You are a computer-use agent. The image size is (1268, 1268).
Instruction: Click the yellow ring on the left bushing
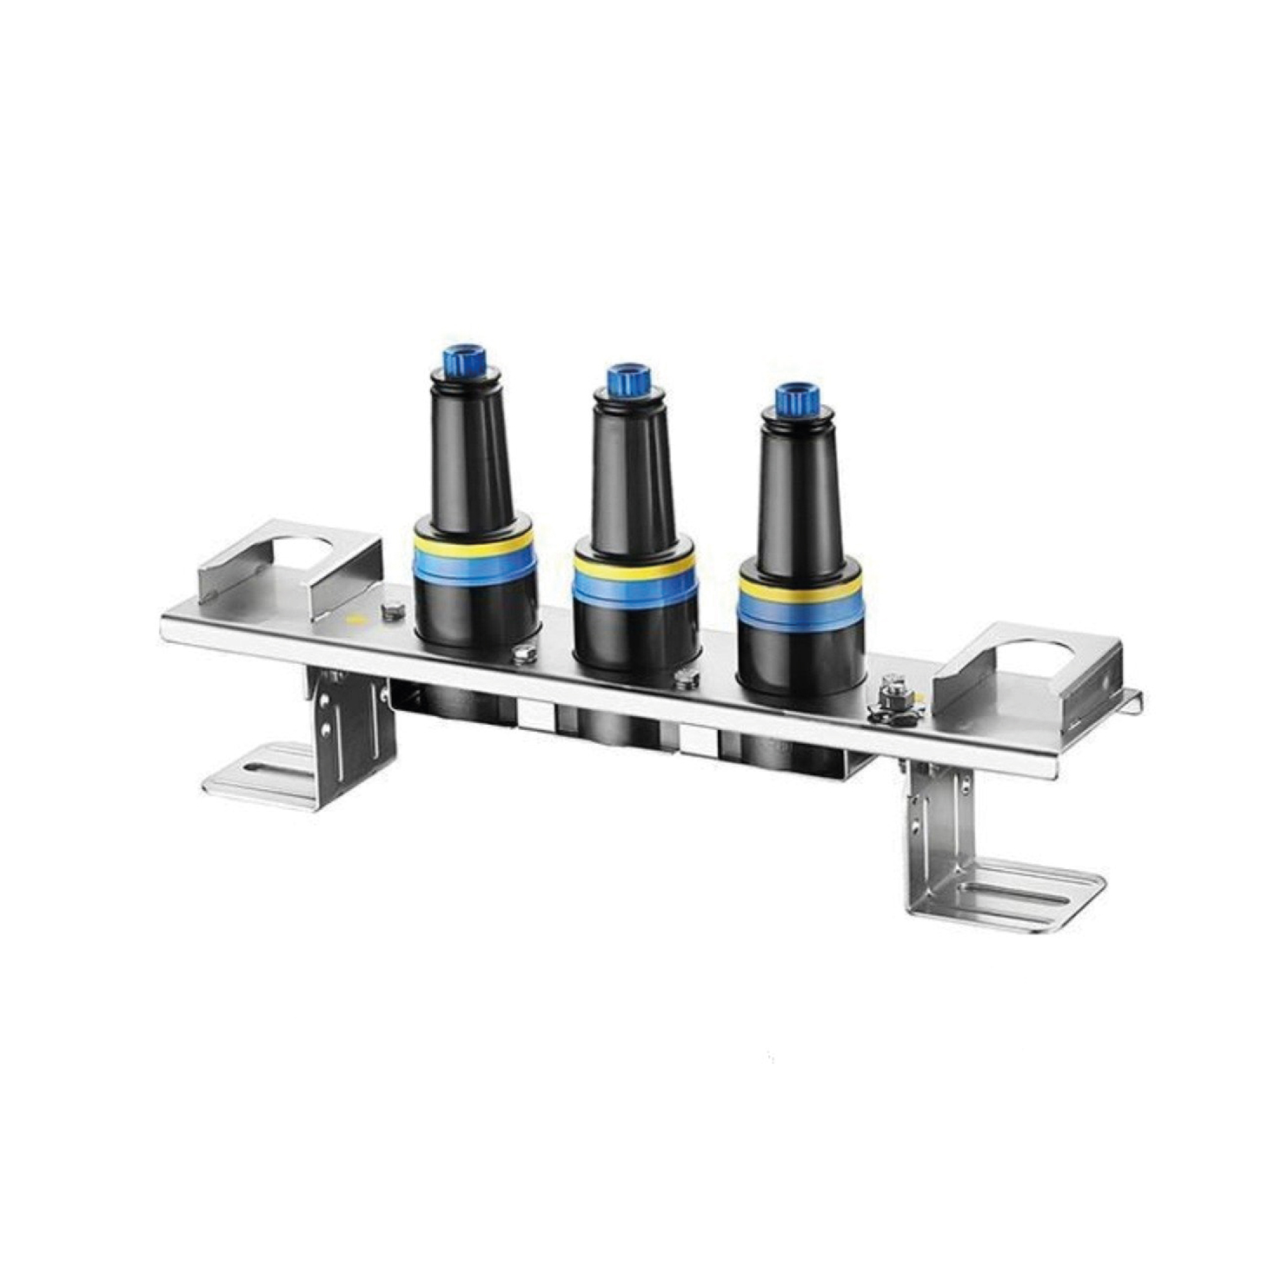click(x=474, y=545)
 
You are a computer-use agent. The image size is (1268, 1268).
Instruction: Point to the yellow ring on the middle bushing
click(x=634, y=566)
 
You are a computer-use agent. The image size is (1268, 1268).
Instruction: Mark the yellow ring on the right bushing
click(x=800, y=588)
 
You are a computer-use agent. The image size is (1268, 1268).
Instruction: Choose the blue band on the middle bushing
click(x=634, y=587)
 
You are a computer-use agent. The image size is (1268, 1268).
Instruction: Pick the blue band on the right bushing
click(x=800, y=609)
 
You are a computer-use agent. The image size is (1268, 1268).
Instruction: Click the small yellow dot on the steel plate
click(x=352, y=620)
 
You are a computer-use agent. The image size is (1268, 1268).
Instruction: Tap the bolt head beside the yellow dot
click(x=391, y=611)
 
